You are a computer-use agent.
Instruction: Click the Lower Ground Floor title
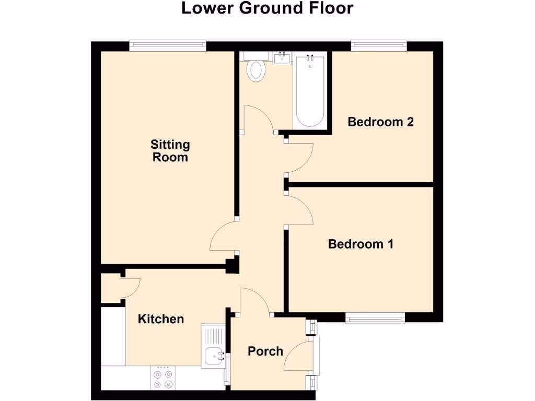coord(267,8)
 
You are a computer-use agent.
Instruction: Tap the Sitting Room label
coord(170,150)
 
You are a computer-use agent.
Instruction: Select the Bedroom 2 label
coord(381,122)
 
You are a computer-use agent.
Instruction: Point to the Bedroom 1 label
coord(360,244)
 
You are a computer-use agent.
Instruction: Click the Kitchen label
coord(161,319)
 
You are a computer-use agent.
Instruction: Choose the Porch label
coord(265,351)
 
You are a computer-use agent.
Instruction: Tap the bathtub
coord(310,91)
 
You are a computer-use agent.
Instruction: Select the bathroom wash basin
coord(282,57)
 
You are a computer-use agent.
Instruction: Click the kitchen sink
coord(215,356)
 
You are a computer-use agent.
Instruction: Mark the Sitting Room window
coord(168,46)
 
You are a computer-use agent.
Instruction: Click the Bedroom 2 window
coord(379,46)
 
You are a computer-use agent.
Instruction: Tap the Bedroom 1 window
coord(375,317)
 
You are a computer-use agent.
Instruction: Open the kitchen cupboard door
coord(131,288)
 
